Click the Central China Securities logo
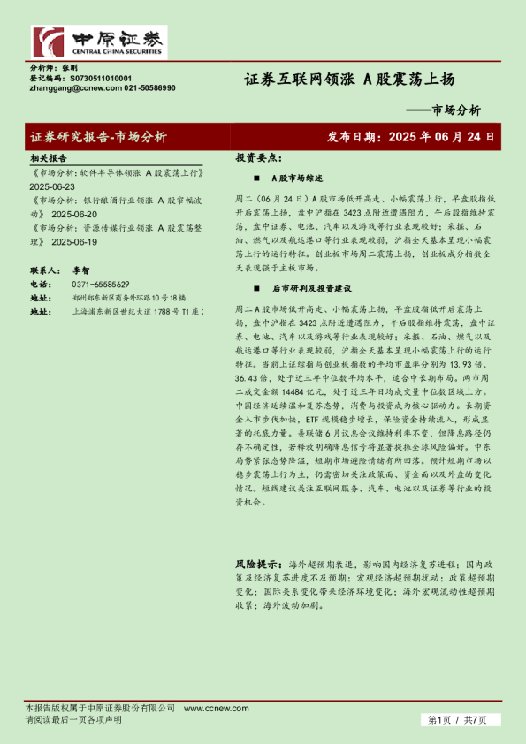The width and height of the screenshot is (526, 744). (x=98, y=42)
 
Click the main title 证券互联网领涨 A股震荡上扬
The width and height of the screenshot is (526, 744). (x=349, y=80)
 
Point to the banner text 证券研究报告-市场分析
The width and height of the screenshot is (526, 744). (x=98, y=137)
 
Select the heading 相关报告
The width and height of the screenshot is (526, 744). (x=48, y=157)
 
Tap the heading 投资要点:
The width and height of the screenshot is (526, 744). (x=257, y=157)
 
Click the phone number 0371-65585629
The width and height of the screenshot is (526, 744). (x=100, y=285)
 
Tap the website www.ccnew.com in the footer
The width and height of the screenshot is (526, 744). (x=205, y=709)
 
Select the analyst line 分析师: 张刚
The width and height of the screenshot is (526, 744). (x=54, y=67)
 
